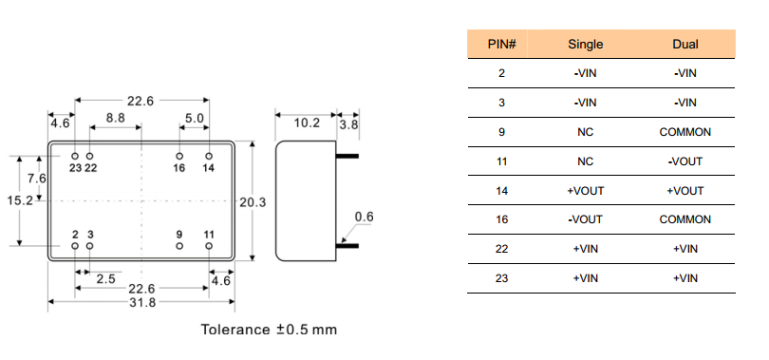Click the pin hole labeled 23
click(75, 156)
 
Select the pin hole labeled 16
click(179, 156)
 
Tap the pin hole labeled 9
click(179, 246)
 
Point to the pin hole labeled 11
click(209, 246)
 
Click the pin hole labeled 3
click(90, 246)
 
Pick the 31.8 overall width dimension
click(142, 303)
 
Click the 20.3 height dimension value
click(253, 201)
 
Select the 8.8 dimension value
click(115, 118)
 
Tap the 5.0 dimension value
click(195, 118)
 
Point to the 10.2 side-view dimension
click(307, 123)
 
